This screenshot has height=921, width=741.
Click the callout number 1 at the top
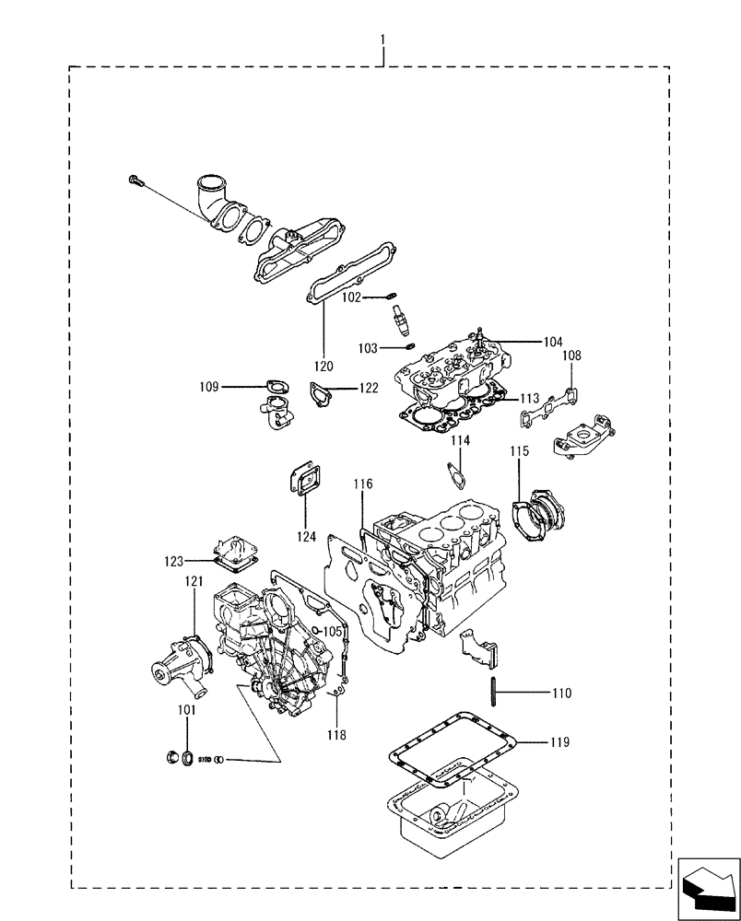382,41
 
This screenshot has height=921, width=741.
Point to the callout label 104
552,342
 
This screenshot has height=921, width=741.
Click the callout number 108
571,356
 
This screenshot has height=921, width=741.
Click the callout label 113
529,399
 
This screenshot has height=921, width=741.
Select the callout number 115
520,451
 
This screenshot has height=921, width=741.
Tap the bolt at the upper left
137,181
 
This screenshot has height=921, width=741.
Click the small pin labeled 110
496,692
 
